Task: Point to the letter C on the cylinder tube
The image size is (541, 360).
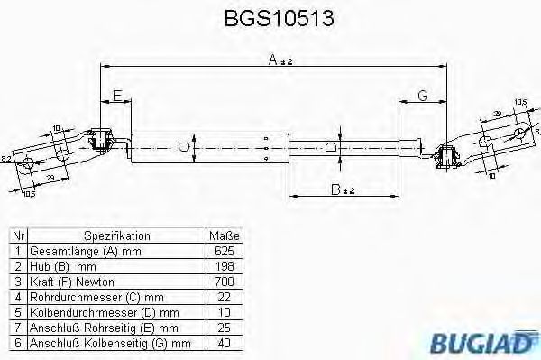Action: click(184, 146)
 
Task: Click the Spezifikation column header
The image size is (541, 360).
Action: click(116, 235)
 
